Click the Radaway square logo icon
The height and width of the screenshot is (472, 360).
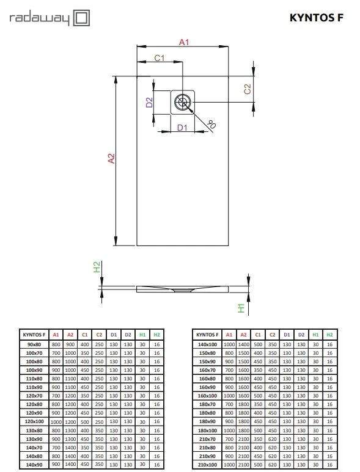pos(82,18)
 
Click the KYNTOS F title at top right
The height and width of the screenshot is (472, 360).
pos(317,18)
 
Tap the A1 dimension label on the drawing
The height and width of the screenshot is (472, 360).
pos(184,42)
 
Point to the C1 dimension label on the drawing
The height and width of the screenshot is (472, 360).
pos(160,58)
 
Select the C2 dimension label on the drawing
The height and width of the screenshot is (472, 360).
pos(247,89)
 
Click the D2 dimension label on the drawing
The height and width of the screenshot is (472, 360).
pos(149,103)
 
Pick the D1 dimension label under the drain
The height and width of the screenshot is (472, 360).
pos(182,128)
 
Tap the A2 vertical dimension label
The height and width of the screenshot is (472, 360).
pos(111,158)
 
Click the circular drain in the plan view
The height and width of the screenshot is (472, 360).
pos(183,102)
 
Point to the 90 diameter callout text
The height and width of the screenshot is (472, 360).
pos(211,124)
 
